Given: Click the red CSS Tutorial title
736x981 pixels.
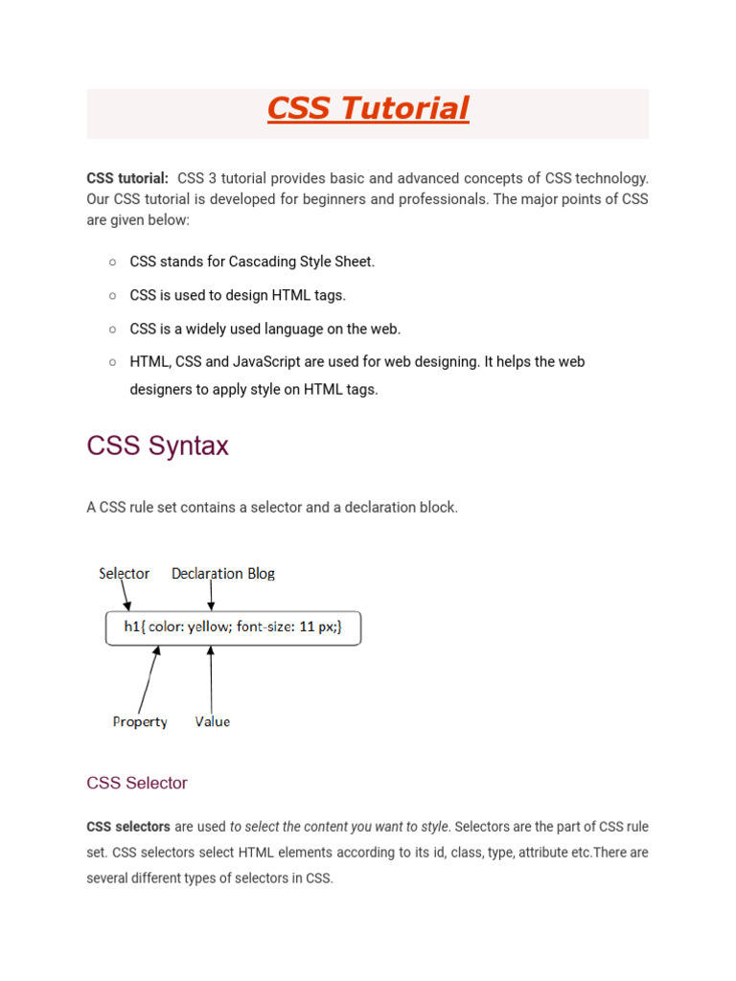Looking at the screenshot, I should pyautogui.click(x=368, y=109).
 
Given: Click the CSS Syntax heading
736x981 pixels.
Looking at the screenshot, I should pyautogui.click(x=157, y=445).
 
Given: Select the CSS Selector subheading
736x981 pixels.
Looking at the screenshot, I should pyautogui.click(x=137, y=783).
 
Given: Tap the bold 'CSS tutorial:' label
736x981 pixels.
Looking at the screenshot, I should pyautogui.click(x=127, y=177).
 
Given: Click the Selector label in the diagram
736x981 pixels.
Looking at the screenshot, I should pyautogui.click(x=125, y=573).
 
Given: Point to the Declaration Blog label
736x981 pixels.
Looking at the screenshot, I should pyautogui.click(x=223, y=573).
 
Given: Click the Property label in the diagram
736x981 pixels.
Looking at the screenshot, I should pyautogui.click(x=140, y=721).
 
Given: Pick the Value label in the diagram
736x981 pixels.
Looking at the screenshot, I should pyautogui.click(x=213, y=721).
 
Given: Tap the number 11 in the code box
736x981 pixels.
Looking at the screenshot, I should pyautogui.click(x=307, y=628).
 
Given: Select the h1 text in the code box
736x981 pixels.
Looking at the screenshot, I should pyautogui.click(x=132, y=628).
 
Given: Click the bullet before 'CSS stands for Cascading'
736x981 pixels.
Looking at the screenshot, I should pyautogui.click(x=112, y=262).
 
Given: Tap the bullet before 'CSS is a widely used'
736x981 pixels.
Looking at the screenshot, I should pyautogui.click(x=112, y=329).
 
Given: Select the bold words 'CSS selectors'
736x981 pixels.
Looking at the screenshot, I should pyautogui.click(x=128, y=826).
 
